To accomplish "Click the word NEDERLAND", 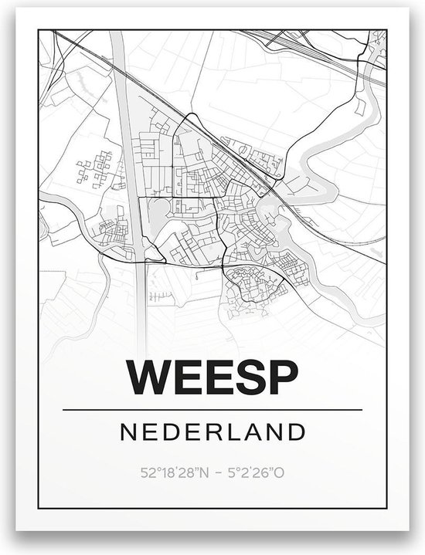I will click(x=212, y=431).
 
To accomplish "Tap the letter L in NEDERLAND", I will click(x=236, y=431).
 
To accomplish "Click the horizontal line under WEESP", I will click(x=212, y=408).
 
